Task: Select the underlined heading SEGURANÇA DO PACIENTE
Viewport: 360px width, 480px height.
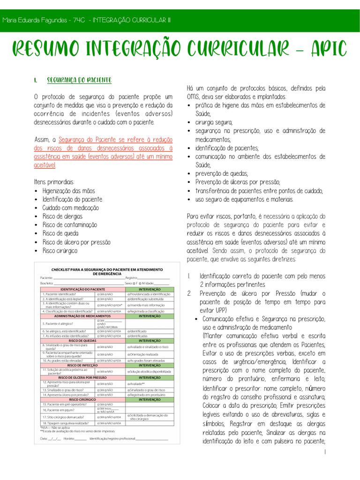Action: click(x=79, y=80)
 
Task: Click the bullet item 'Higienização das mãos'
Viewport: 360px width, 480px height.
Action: click(x=68, y=191)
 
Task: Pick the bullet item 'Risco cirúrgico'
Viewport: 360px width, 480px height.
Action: click(x=60, y=251)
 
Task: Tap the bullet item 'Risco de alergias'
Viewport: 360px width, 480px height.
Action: click(x=62, y=216)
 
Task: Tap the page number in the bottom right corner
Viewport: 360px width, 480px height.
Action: click(x=324, y=451)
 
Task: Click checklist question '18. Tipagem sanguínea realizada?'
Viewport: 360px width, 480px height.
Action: click(x=65, y=423)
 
